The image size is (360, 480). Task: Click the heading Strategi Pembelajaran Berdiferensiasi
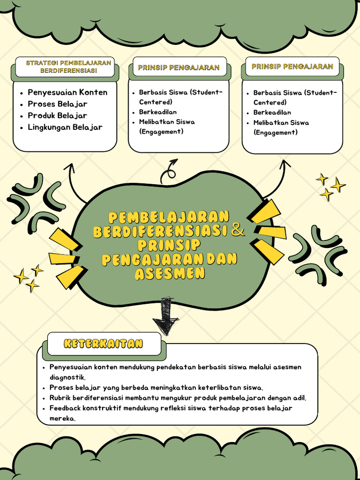click(68, 67)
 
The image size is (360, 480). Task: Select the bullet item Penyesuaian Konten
click(67, 92)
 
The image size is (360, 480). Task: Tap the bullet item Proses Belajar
click(58, 104)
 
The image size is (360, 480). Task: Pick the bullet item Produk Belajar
click(57, 115)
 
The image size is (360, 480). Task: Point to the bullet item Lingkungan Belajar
click(65, 127)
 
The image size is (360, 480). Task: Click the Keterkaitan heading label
click(103, 344)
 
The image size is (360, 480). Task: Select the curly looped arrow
click(169, 172)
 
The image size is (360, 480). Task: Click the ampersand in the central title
click(238, 230)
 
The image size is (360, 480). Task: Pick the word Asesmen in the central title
click(170, 273)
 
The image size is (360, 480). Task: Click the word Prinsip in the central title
click(169, 245)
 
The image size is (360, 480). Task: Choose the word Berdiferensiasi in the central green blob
click(160, 231)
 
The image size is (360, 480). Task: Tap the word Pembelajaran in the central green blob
click(169, 217)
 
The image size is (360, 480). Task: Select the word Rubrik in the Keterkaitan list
click(60, 398)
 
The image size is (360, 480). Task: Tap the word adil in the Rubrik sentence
click(299, 398)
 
